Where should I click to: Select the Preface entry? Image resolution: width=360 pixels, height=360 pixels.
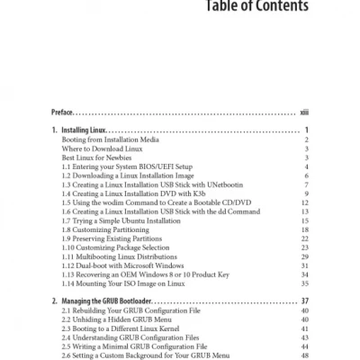click(67, 113)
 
